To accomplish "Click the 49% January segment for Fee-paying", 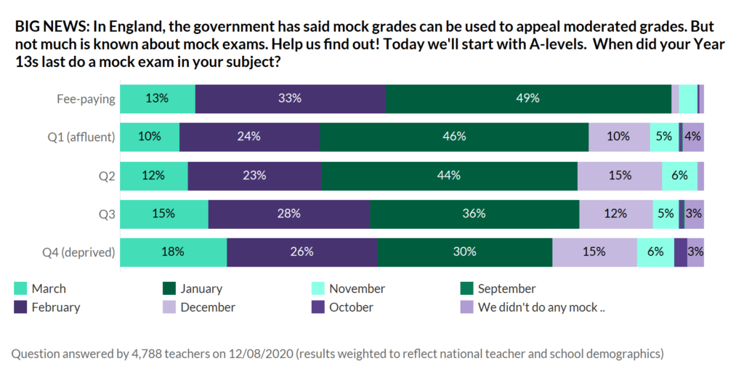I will point(528,99).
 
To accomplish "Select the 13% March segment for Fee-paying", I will point(158,99).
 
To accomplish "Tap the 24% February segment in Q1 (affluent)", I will point(249,137).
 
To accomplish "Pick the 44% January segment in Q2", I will point(449,175).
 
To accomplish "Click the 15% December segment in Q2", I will point(620,175).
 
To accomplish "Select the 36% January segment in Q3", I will point(474,214).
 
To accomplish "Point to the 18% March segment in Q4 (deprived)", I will point(174,252).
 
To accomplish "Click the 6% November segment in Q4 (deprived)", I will point(655,252).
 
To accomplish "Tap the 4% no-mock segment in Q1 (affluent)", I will point(693,137).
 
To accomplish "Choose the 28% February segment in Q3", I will point(289,214).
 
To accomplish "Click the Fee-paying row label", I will point(86,99).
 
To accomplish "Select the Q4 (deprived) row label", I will point(78,253).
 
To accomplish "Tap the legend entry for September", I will point(506,289).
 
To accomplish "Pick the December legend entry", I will point(208,307).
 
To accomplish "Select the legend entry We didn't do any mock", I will point(541,307).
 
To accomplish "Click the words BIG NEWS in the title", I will point(48,27).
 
